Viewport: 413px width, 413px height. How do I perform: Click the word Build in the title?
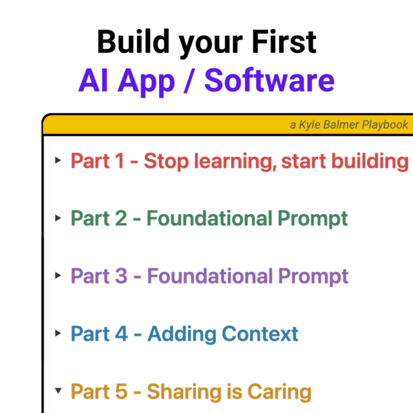click(x=134, y=41)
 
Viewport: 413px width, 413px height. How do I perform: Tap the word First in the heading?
click(x=284, y=41)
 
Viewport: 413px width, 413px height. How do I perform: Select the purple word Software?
click(x=269, y=80)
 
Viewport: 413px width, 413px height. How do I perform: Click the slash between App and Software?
click(x=190, y=81)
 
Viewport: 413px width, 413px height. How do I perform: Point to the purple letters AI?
click(x=94, y=80)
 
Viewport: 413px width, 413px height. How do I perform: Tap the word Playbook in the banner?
click(x=385, y=125)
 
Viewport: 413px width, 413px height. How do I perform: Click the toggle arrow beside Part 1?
click(x=58, y=160)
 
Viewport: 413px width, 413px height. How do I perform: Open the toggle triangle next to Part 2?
click(x=58, y=218)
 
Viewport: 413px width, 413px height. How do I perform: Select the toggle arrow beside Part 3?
click(x=58, y=275)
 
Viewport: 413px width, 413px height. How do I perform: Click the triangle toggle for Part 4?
click(x=58, y=333)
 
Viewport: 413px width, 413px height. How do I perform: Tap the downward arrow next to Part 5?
click(x=59, y=390)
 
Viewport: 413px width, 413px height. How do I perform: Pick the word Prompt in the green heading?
click(x=313, y=219)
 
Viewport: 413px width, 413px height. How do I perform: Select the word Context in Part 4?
click(x=260, y=334)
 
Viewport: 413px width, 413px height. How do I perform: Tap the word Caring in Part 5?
click(x=279, y=392)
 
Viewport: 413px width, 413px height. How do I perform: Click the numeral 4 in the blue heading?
click(x=121, y=334)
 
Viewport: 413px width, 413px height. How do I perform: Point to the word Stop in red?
click(x=166, y=161)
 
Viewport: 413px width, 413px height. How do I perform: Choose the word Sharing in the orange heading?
click(x=184, y=392)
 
